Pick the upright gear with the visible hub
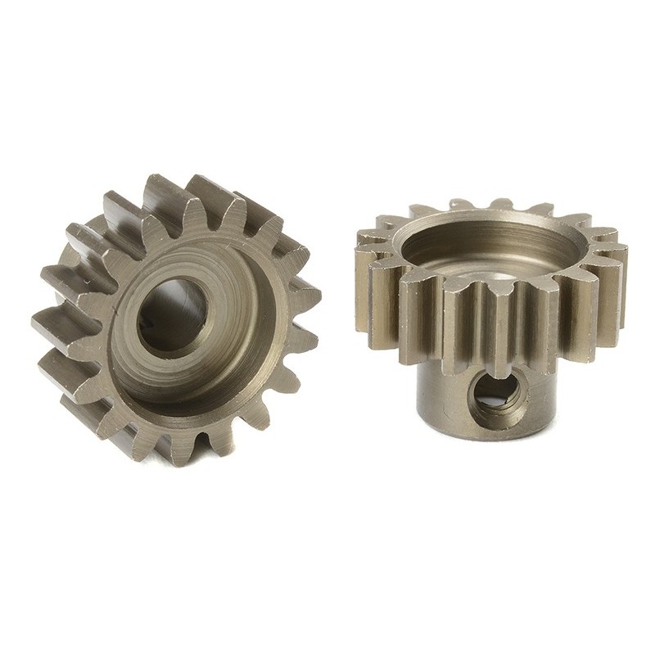[491, 319]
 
